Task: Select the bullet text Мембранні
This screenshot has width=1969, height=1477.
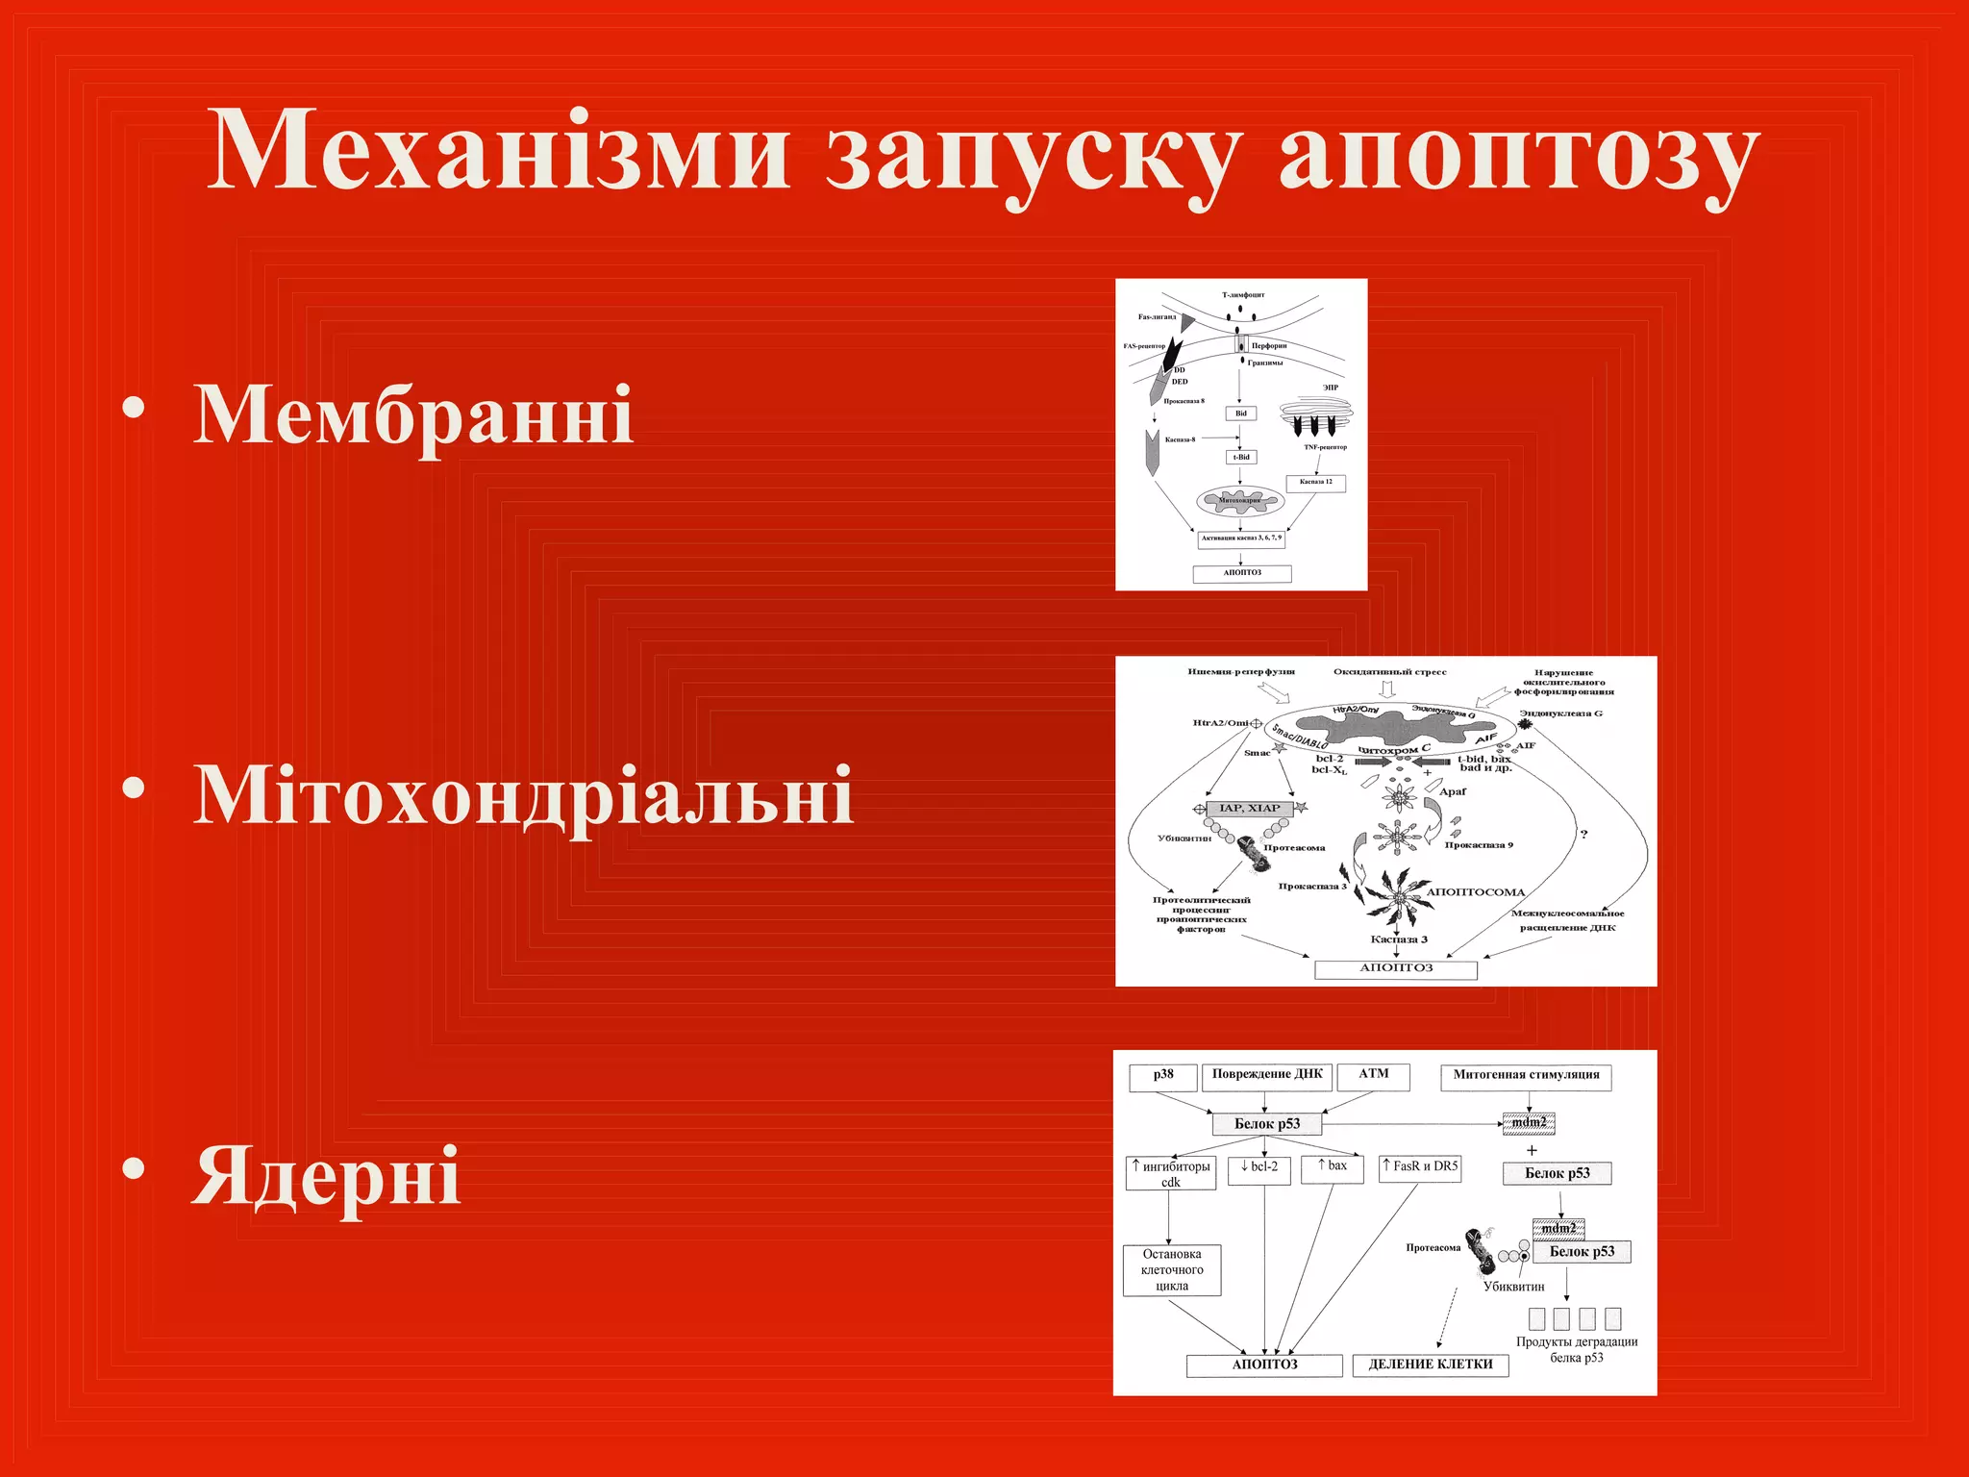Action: click(413, 415)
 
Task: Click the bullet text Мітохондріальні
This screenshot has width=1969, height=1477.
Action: click(524, 796)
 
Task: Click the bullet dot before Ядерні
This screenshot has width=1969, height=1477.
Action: click(134, 1168)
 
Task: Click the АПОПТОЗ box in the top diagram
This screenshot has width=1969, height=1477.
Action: click(1241, 573)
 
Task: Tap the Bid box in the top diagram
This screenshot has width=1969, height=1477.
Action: click(1240, 413)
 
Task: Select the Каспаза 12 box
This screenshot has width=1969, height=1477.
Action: click(1315, 483)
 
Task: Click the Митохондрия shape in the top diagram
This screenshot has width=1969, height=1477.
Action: click(1239, 501)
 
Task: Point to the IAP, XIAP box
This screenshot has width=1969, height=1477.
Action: click(1249, 809)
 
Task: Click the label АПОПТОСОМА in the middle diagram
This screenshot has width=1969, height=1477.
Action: click(1475, 892)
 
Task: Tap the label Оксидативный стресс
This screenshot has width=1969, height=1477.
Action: click(1389, 672)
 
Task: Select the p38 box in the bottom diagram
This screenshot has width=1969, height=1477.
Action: click(1163, 1076)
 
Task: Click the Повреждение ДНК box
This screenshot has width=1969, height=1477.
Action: click(1266, 1076)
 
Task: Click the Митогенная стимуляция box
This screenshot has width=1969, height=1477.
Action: click(1525, 1076)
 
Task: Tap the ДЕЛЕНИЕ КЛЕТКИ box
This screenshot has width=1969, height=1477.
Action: click(1430, 1364)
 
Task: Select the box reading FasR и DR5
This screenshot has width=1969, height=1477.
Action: click(1419, 1167)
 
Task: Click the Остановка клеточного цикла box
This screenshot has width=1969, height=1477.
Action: click(1171, 1270)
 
